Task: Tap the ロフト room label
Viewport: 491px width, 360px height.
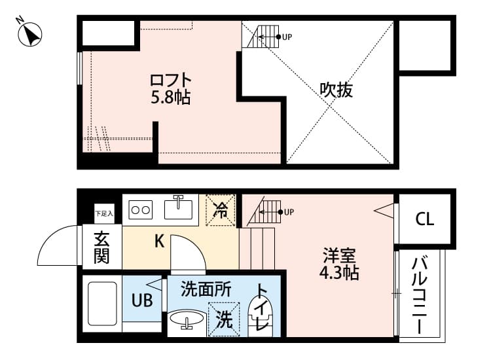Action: (170, 81)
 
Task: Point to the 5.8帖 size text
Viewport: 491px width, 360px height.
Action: (170, 98)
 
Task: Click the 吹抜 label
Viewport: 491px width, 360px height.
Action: (336, 90)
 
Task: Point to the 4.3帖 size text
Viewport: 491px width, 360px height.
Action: (340, 272)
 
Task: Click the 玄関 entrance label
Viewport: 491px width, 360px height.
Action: (101, 247)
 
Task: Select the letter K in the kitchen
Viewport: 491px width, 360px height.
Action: (159, 242)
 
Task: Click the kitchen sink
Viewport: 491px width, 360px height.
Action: (177, 209)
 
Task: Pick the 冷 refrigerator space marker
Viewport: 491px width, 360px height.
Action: (221, 211)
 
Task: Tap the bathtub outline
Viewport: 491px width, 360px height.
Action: (101, 304)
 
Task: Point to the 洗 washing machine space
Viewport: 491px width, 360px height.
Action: (224, 319)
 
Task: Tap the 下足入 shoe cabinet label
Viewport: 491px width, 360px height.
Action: (103, 213)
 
